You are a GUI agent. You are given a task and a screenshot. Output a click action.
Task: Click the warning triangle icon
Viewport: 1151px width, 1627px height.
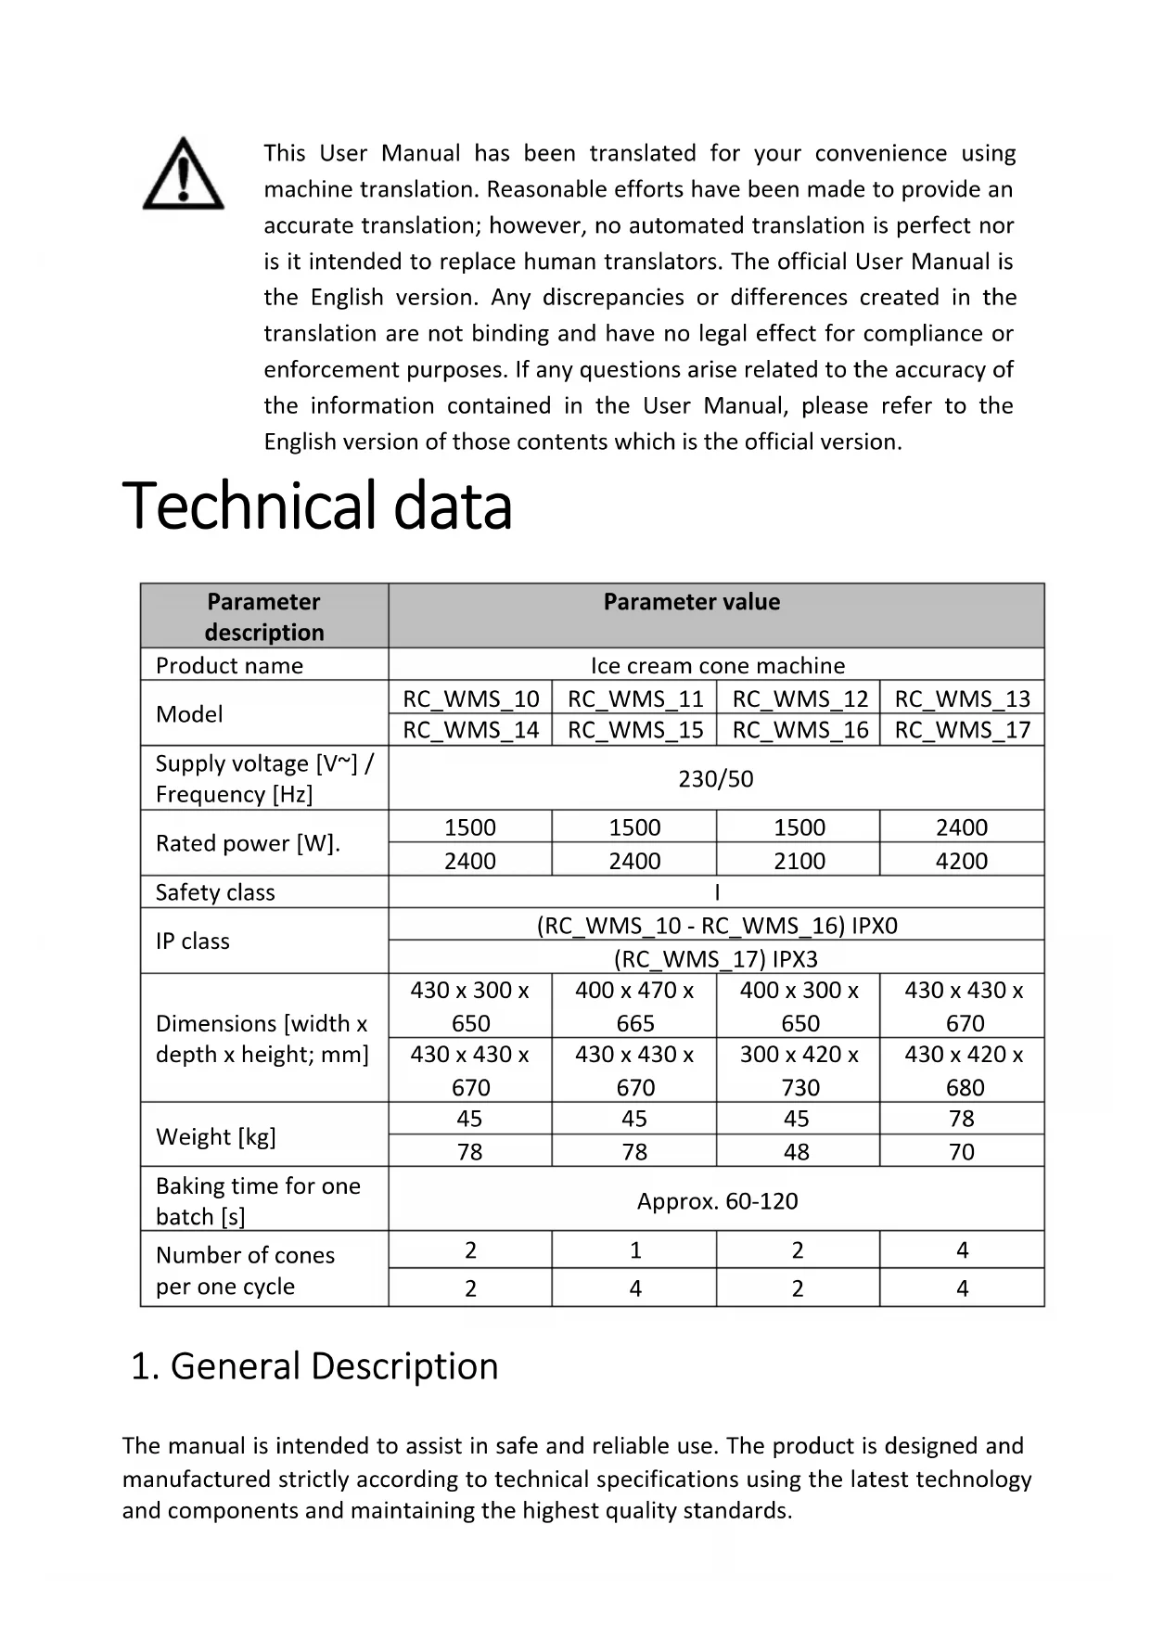[183, 174]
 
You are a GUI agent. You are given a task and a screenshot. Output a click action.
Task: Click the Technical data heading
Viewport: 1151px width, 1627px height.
[317, 506]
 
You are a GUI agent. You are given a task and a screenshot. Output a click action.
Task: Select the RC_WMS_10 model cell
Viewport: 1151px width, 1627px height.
[470, 698]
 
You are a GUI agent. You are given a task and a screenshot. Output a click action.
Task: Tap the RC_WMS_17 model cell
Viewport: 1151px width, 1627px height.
[962, 730]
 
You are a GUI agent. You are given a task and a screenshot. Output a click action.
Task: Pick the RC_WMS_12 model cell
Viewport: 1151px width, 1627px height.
[799, 698]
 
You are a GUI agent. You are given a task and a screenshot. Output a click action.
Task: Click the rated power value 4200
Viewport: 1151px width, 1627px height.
[962, 861]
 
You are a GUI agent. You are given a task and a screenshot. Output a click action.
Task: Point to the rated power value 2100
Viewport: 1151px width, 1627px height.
[799, 861]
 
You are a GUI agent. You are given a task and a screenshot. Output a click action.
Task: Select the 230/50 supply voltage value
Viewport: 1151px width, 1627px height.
[715, 778]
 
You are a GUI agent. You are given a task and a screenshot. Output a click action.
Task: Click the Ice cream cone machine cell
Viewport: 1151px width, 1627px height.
[717, 665]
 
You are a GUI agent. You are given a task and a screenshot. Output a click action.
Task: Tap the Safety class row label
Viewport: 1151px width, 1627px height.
[215, 892]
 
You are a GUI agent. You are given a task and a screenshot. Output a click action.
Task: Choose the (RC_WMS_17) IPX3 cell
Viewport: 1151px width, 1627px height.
[716, 958]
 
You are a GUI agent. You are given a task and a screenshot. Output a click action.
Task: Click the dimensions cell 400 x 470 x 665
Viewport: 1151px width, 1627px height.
[634, 1006]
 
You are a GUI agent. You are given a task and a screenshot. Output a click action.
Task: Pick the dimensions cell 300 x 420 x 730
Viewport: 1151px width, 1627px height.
[799, 1070]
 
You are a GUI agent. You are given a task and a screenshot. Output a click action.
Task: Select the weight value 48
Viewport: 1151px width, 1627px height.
[797, 1152]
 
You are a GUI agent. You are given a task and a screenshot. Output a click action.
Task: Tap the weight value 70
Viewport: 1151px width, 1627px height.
[962, 1152]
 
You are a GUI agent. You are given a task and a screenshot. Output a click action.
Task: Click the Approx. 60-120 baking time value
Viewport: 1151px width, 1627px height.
[717, 1201]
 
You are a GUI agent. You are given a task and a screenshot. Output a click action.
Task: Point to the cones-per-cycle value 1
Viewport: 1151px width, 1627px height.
[635, 1250]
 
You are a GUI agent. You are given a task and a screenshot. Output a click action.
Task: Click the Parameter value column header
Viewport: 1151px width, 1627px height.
[692, 602]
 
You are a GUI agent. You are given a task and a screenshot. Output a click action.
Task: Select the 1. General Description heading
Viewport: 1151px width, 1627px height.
[314, 1366]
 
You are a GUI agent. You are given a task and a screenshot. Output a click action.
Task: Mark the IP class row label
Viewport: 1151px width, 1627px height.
[193, 941]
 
